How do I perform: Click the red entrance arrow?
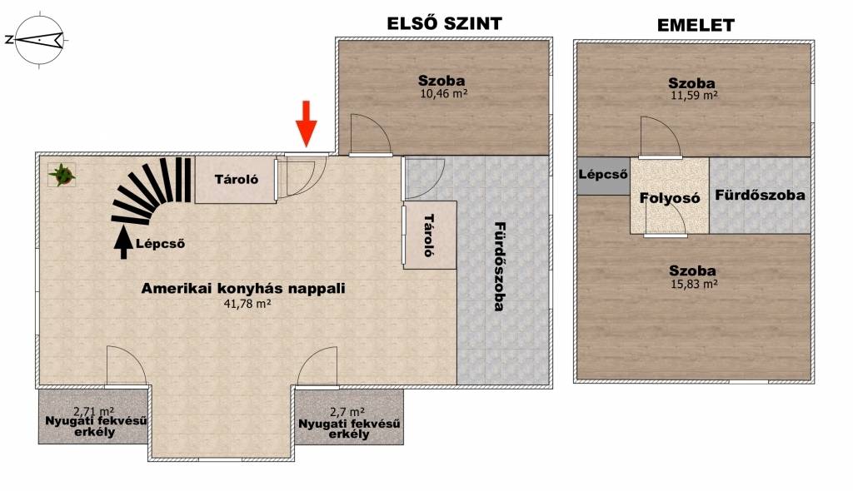(307, 124)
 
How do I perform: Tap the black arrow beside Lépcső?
(123, 242)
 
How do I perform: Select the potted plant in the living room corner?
(62, 175)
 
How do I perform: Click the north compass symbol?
(39, 40)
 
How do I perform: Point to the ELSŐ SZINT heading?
(444, 23)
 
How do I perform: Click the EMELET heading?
(696, 25)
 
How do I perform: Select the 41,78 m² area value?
(247, 304)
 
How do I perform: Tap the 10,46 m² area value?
(444, 93)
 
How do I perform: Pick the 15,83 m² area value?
(694, 283)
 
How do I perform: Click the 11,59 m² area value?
(694, 95)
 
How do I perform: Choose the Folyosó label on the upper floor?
(670, 198)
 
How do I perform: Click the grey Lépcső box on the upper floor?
(603, 176)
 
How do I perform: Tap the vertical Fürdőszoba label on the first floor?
(498, 266)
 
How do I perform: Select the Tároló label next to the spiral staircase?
(236, 179)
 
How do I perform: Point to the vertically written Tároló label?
(429, 236)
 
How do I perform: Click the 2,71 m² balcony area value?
(93, 412)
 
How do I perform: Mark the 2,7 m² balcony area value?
(347, 413)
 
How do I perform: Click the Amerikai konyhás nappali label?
(243, 288)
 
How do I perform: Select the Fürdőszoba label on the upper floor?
(760, 195)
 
